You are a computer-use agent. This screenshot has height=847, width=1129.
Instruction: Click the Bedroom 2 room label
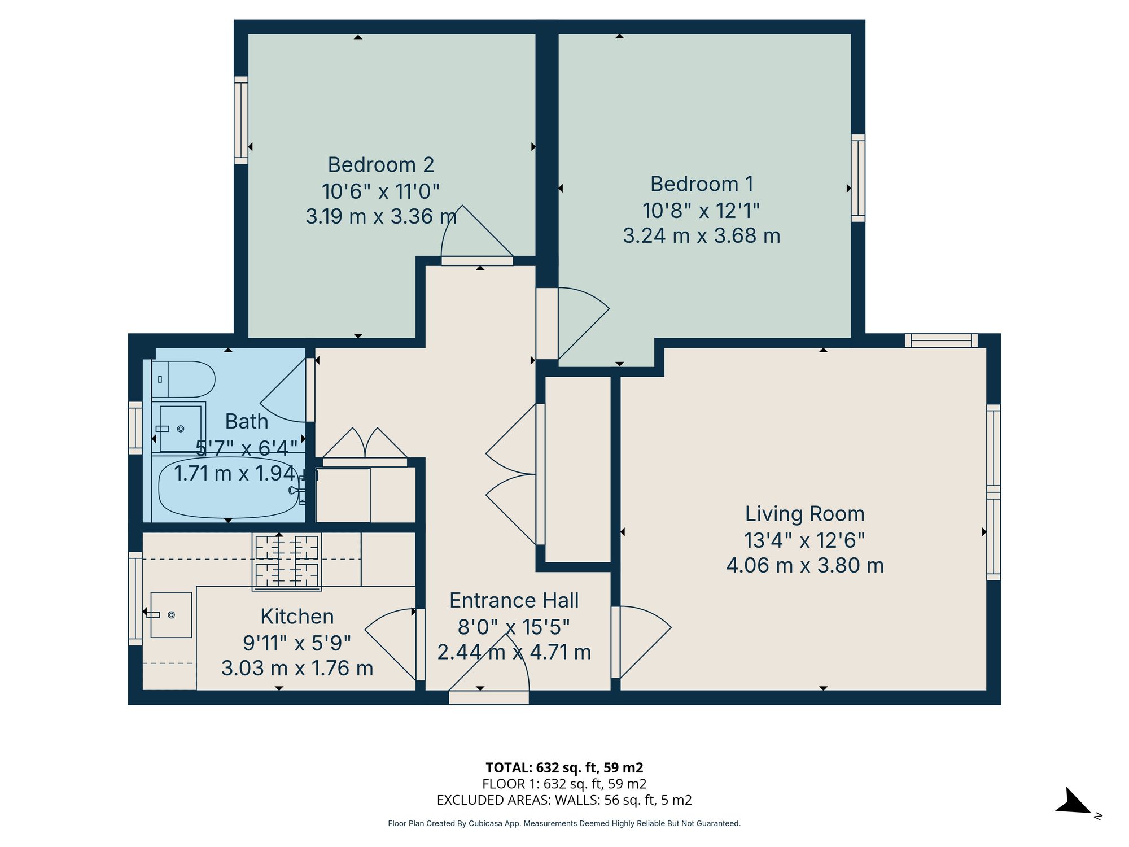tap(381, 165)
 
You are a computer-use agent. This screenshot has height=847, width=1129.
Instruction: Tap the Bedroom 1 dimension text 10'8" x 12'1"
tap(701, 211)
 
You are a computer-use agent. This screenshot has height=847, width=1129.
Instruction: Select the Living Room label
tap(804, 514)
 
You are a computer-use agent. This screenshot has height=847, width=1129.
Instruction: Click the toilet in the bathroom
tap(184, 379)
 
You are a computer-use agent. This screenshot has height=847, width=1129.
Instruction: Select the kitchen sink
tap(170, 614)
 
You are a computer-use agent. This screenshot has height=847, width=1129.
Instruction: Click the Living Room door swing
tap(641, 638)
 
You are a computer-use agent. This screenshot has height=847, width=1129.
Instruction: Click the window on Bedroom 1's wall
tap(857, 178)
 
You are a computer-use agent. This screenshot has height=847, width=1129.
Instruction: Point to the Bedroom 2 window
tap(241, 120)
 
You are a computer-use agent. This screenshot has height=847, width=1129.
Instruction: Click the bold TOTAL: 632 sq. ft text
tap(564, 767)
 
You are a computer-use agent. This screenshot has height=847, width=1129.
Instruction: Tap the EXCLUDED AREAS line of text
tap(564, 800)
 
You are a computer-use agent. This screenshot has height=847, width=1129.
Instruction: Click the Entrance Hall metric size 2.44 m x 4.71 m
tap(514, 652)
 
